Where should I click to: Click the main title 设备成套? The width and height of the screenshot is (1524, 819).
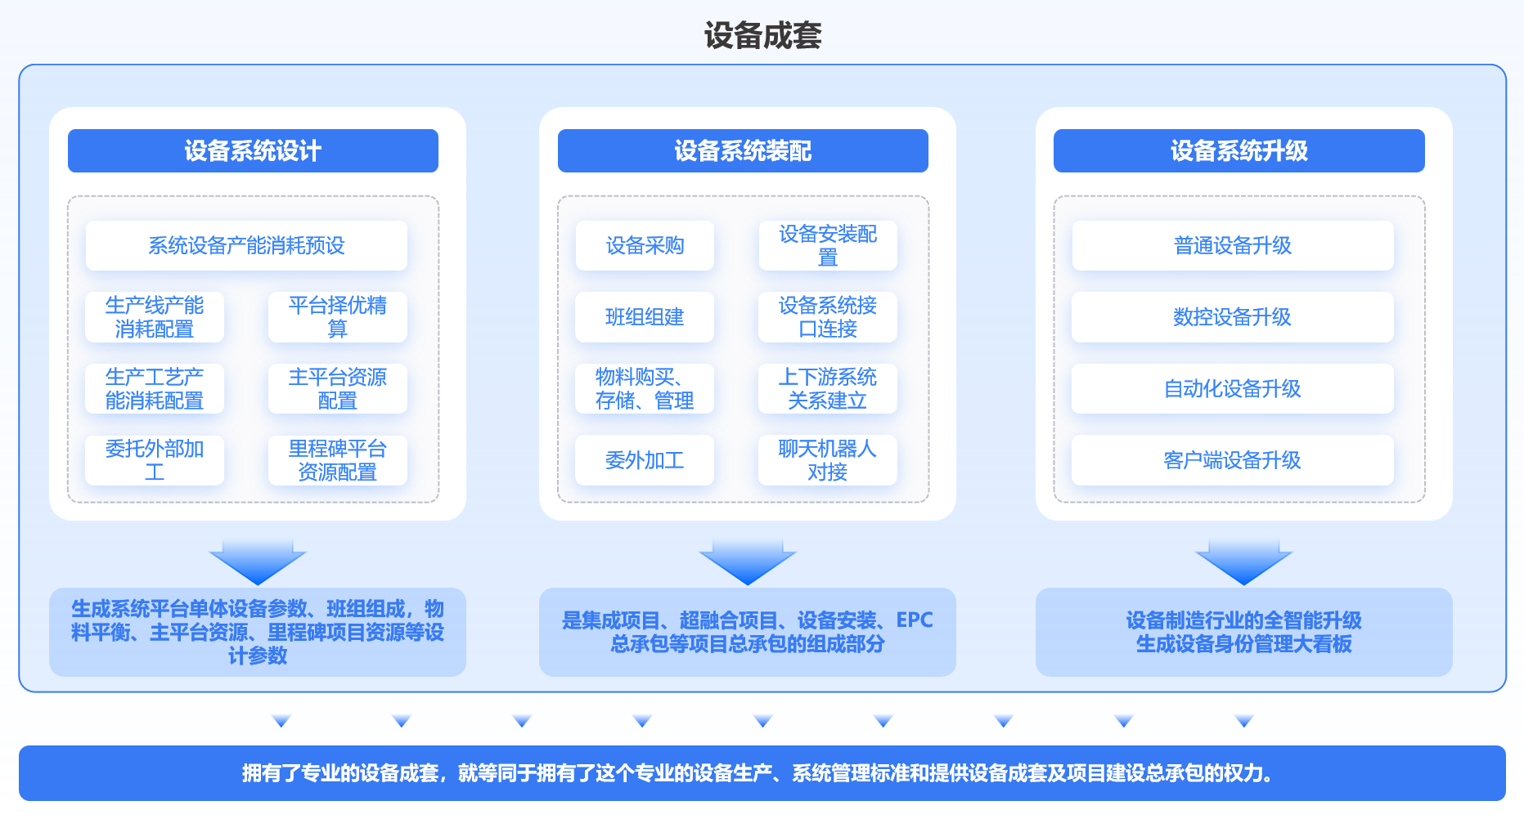(762, 36)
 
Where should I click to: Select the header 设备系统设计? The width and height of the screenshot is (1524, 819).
(253, 151)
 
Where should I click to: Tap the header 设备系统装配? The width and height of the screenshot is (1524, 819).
(743, 151)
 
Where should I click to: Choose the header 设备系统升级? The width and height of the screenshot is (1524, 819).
(1239, 151)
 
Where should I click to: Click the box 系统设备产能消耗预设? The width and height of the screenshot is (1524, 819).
(246, 245)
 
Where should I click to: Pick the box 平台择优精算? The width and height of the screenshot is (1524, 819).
(337, 317)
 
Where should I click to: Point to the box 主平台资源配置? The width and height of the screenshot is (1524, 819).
(337, 389)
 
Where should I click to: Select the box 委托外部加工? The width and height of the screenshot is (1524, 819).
(155, 460)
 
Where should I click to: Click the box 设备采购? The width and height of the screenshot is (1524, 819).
(645, 245)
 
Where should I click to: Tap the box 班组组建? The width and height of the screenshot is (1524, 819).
(645, 317)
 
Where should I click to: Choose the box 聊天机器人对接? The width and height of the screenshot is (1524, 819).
(827, 460)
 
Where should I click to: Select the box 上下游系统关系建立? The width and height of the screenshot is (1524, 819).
(827, 389)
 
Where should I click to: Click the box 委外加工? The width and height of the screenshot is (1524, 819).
(645, 460)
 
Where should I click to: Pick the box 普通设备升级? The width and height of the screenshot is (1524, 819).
(1233, 245)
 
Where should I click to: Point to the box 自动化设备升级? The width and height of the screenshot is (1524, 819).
(1233, 389)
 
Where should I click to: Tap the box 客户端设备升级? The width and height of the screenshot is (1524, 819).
(1233, 460)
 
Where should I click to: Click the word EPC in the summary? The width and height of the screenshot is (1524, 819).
(915, 620)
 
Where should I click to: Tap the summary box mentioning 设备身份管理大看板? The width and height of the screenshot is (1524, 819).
(1243, 633)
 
